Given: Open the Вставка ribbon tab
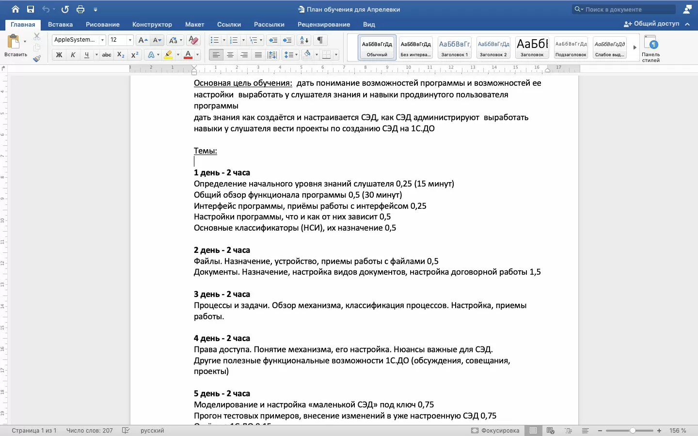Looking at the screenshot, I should coord(60,24).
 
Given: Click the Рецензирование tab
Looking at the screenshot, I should coord(323,24).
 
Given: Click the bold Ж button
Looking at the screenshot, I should coord(59,55).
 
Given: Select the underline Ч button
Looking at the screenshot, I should coord(87,55).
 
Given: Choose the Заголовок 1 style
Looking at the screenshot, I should coord(454,47).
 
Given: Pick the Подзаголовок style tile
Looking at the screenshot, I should coord(571,47).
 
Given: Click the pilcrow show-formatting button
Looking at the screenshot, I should coord(320,40).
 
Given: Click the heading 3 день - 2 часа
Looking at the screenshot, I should coord(222,294).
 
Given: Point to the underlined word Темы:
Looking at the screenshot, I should coord(206,151).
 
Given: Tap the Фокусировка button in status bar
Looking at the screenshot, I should coord(495,430).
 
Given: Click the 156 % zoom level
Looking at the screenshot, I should coord(678,430).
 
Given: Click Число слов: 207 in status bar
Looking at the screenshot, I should coord(89,430).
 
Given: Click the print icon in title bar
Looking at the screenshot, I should coord(80,9).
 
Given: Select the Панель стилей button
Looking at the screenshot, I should coord(651,48).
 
